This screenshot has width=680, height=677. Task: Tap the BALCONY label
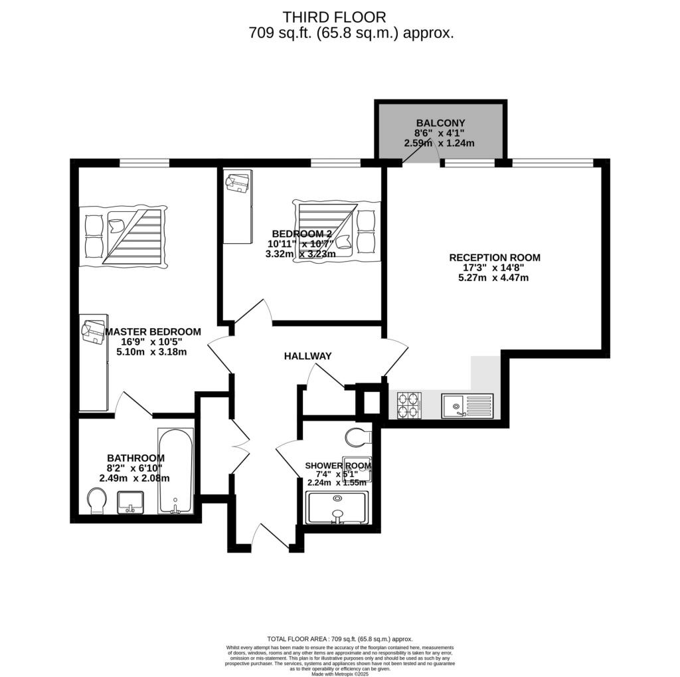440,123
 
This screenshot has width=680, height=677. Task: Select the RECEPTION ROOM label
495,258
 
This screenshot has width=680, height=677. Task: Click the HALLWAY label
307,357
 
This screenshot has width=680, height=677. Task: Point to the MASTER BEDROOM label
153,332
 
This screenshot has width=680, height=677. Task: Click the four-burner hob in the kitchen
409,405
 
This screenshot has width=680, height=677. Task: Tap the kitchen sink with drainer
468,405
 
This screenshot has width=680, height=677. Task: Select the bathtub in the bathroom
176,470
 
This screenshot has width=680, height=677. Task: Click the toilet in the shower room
359,438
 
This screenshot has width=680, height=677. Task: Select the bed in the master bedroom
123,237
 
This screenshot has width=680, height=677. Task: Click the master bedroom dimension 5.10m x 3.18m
151,352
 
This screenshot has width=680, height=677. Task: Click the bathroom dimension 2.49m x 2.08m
134,478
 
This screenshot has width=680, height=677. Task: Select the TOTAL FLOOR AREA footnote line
339,638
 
